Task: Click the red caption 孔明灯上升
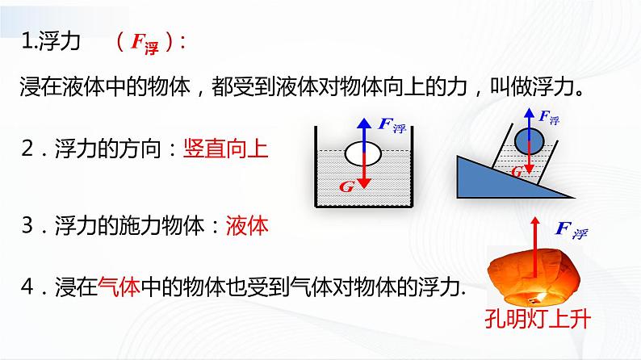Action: (539, 317)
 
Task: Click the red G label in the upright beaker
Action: (346, 186)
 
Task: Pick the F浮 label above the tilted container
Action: (549, 118)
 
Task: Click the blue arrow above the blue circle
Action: (529, 118)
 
